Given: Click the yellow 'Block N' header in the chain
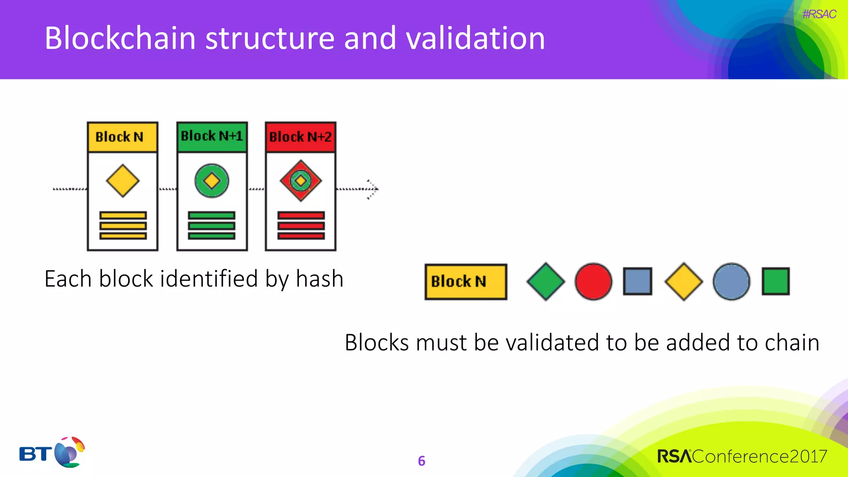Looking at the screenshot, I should click(x=123, y=137).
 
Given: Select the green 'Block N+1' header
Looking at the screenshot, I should click(x=212, y=136).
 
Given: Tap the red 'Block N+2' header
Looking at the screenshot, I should click(x=301, y=137).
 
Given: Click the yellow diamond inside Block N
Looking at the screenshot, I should click(x=123, y=181).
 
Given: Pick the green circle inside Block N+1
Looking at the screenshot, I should click(x=212, y=181).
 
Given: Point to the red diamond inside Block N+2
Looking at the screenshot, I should click(x=301, y=181).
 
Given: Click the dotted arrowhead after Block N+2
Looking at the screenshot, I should click(x=373, y=189).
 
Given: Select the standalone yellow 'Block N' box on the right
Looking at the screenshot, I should click(x=466, y=282).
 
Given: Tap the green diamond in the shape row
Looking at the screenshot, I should click(x=546, y=282).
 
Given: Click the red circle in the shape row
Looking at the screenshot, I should click(x=593, y=282).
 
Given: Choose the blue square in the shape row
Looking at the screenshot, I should click(x=638, y=282).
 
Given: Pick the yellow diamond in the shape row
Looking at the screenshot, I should click(x=684, y=282).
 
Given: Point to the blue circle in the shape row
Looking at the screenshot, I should click(x=731, y=282).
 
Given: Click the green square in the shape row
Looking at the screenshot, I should click(x=776, y=282).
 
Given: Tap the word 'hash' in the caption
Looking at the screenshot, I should click(x=320, y=279).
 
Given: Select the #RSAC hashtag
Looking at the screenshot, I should click(x=819, y=14).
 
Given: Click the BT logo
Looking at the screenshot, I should click(x=52, y=453).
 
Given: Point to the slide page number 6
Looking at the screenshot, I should click(x=422, y=461).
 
